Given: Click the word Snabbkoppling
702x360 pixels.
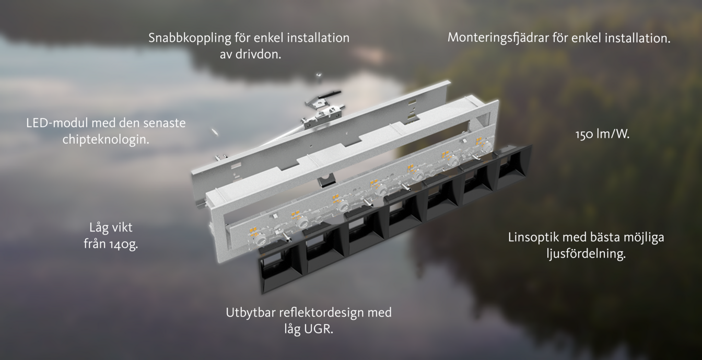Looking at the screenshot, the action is [x=190, y=38].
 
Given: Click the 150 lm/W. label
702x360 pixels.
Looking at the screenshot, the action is [x=602, y=134].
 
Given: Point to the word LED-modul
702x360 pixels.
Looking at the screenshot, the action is [x=57, y=123].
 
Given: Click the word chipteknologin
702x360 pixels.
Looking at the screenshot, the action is [x=106, y=140].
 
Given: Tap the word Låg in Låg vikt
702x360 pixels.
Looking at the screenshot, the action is [x=98, y=228].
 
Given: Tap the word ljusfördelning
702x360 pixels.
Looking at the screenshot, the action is [x=586, y=254].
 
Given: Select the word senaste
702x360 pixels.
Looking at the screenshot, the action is [x=164, y=123].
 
